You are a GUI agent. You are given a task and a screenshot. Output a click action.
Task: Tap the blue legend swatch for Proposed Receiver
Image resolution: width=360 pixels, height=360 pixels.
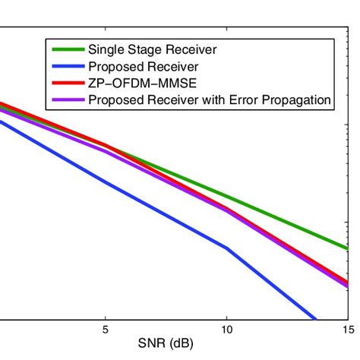68,67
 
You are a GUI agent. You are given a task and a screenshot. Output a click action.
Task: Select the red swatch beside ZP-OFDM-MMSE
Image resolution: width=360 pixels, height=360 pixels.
68,83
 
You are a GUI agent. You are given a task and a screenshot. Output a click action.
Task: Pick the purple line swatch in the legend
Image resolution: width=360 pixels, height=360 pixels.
68,99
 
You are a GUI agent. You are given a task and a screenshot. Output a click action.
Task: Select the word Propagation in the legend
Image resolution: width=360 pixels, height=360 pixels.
292,99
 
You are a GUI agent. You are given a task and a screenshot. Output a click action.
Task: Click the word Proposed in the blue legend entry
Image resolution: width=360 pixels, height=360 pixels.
115,67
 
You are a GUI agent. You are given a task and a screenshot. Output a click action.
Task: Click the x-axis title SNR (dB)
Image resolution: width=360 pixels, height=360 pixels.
166,344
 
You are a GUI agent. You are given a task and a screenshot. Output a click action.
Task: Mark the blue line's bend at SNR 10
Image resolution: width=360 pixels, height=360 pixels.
226,248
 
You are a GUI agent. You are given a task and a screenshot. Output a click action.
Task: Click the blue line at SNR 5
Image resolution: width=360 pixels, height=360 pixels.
105,182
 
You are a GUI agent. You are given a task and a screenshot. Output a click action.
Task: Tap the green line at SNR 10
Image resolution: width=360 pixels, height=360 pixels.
226,196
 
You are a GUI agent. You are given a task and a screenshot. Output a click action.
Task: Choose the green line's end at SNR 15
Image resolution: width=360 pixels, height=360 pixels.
346,248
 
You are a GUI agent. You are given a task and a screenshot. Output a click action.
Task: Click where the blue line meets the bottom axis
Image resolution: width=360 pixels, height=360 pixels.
314,319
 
